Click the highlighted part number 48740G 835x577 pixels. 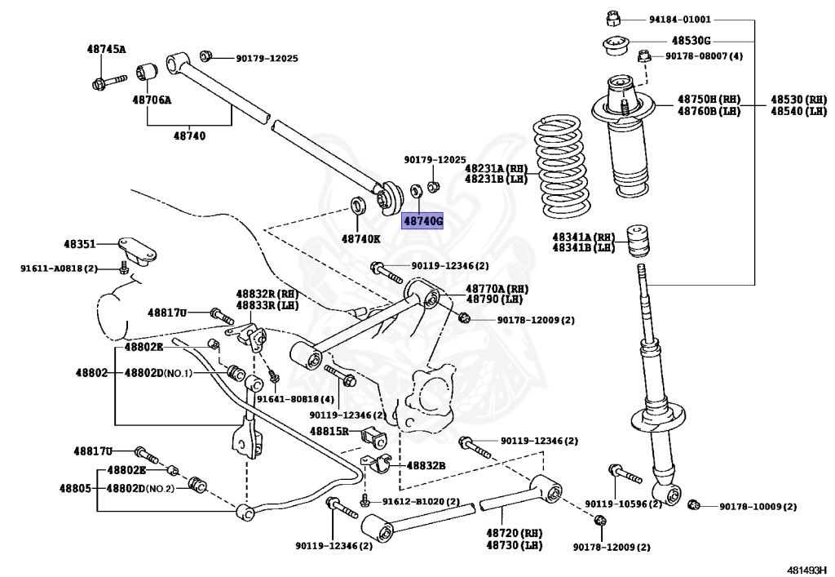(x=422, y=221)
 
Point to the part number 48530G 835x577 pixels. (x=691, y=40)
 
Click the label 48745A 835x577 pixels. (x=107, y=49)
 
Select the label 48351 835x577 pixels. (x=81, y=243)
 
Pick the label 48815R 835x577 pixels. (x=329, y=430)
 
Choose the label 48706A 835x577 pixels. (x=152, y=100)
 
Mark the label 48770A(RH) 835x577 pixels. (x=497, y=289)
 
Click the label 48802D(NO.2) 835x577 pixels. (x=139, y=488)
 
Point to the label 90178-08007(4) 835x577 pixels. (x=704, y=55)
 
